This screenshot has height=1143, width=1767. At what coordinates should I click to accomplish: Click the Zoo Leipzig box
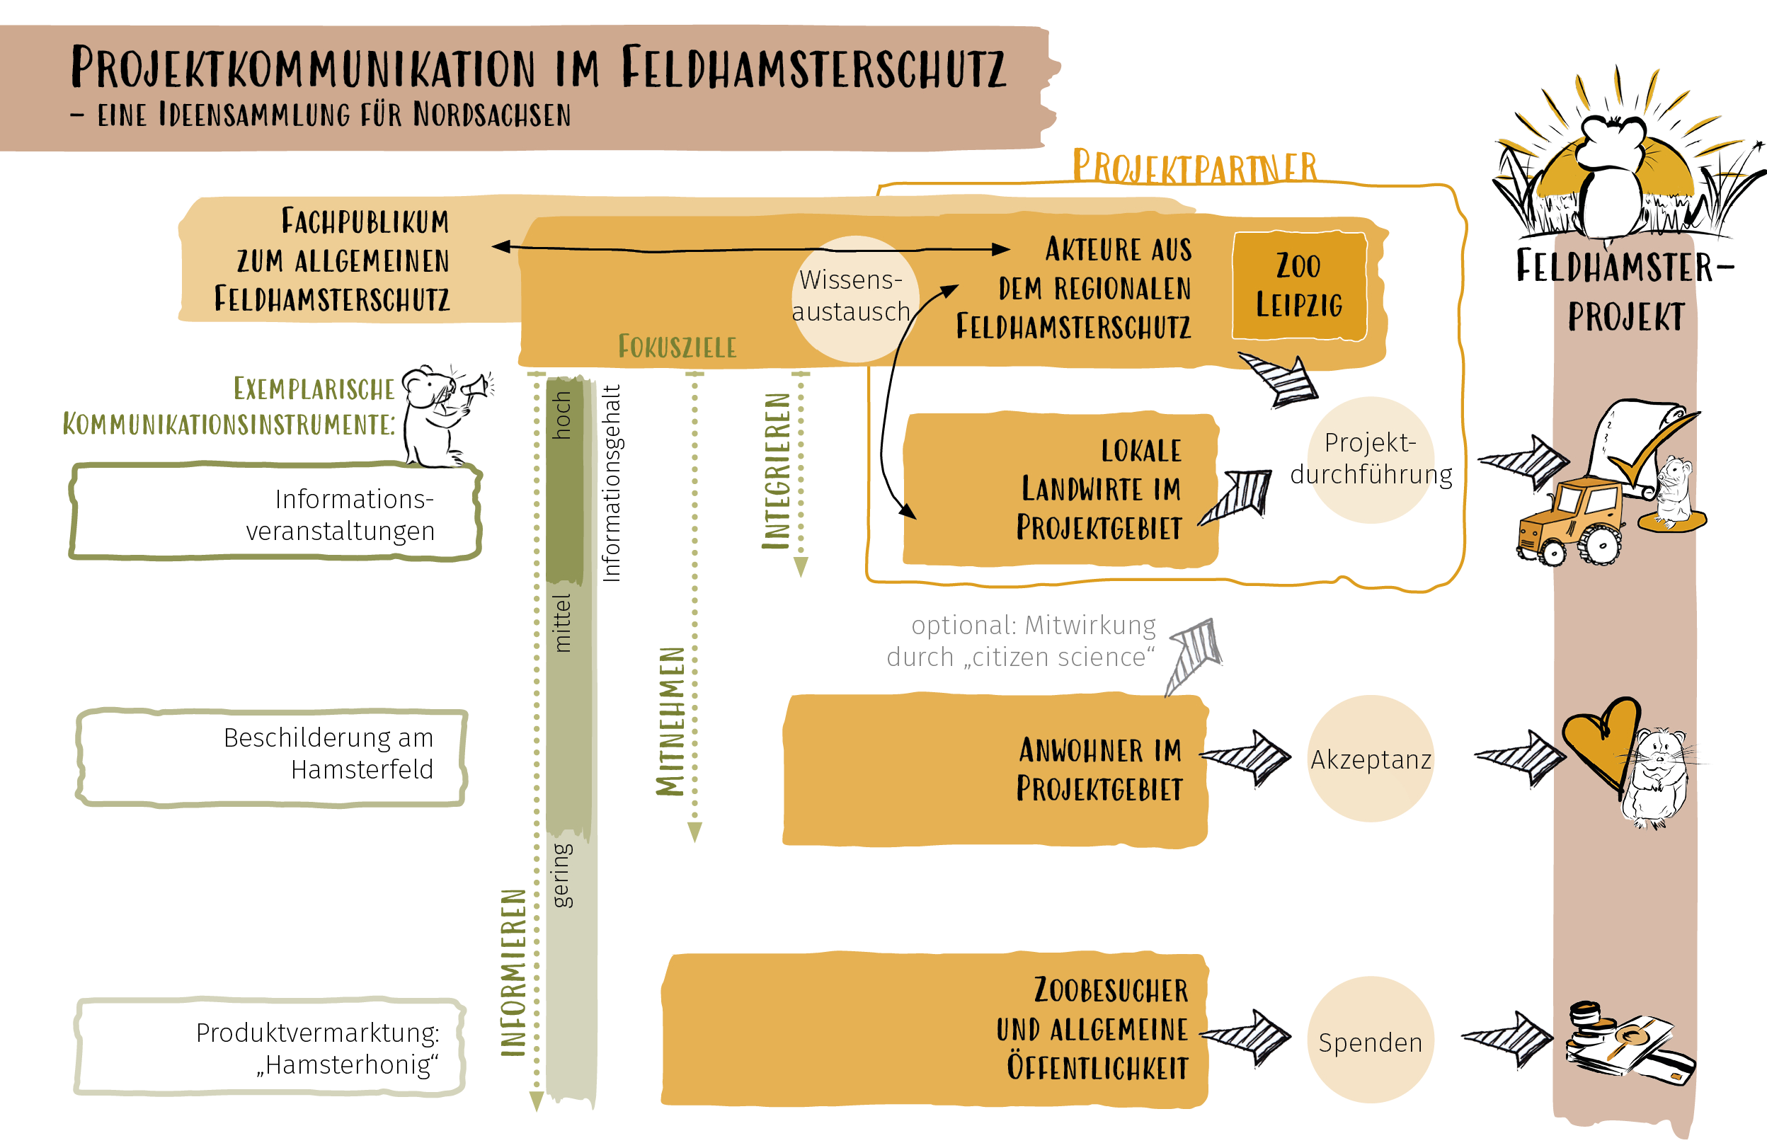[1299, 287]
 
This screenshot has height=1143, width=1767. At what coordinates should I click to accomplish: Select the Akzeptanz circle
[1371, 759]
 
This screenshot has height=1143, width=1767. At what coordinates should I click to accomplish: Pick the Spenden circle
[1371, 1040]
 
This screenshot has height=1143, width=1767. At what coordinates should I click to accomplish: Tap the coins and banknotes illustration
[1626, 1043]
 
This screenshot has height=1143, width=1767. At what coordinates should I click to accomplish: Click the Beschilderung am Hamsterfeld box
[272, 757]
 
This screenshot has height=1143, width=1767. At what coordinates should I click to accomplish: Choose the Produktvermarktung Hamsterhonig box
[270, 1047]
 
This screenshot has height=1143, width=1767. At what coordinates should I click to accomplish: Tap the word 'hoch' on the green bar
[563, 415]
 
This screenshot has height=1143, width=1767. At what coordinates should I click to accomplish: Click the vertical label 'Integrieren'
[777, 471]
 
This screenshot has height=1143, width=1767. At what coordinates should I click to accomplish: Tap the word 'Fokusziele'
[677, 347]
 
